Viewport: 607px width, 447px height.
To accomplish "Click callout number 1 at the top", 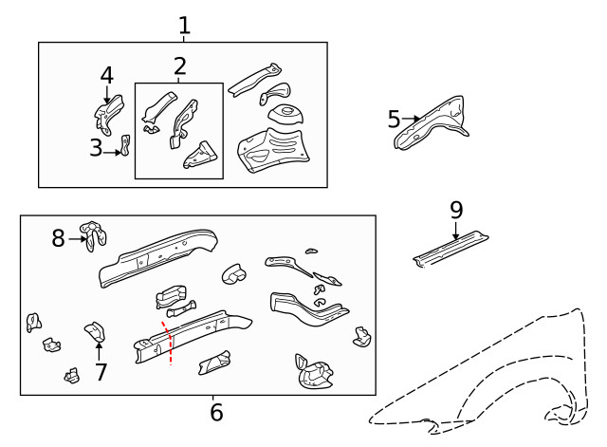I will [184, 26].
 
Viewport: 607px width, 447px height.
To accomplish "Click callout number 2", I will [179, 66].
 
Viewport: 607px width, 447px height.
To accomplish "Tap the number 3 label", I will [96, 148].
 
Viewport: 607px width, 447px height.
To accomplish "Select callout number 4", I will [106, 75].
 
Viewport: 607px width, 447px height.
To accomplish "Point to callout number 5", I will [395, 120].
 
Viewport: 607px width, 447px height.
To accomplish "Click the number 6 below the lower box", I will [216, 413].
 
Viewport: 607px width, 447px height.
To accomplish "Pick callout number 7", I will [101, 372].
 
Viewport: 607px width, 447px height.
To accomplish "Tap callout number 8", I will [59, 238].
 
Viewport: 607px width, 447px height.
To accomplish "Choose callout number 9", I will [456, 210].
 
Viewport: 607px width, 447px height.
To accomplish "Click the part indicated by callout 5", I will [434, 122].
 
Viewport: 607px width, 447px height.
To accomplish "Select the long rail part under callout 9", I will [452, 249].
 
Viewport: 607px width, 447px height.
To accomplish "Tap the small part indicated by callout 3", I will [123, 145].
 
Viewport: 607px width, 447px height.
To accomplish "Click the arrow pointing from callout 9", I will [456, 230].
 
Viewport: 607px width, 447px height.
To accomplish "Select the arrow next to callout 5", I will [411, 120].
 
